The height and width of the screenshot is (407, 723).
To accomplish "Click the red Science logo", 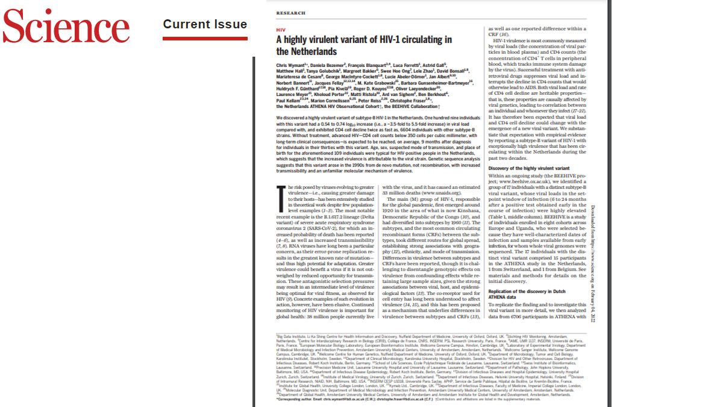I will click(x=66, y=27).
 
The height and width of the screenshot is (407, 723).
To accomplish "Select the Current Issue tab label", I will click(x=205, y=25).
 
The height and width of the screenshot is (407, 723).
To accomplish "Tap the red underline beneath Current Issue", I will click(x=205, y=38).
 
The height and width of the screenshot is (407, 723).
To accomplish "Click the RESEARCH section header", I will click(x=290, y=13).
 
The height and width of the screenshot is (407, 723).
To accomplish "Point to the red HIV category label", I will click(x=280, y=30).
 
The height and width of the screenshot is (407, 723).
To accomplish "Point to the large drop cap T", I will click(x=281, y=194).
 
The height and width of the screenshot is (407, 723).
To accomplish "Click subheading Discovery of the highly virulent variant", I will click(x=528, y=168).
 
